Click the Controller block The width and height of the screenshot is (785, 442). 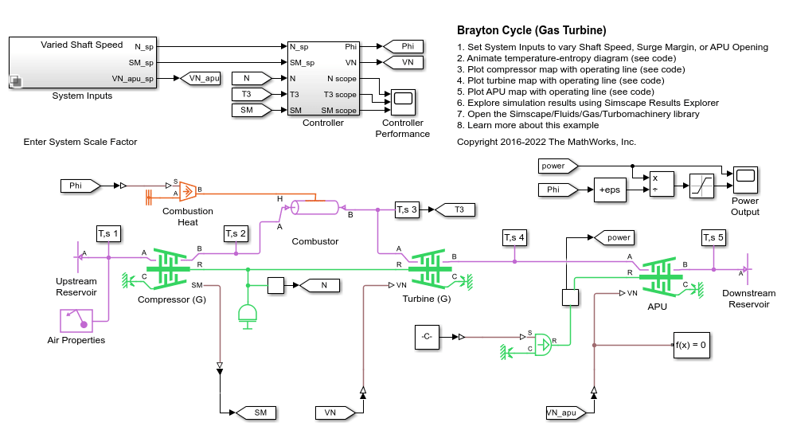tap(322, 78)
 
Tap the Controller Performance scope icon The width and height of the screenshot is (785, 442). tap(403, 99)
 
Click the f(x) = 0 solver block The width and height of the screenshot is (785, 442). tap(691, 345)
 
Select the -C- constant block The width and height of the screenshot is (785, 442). tap(427, 337)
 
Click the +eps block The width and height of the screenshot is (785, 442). tap(609, 190)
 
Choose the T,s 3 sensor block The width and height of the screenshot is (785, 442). tap(407, 210)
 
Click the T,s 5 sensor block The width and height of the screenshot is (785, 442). tap(713, 237)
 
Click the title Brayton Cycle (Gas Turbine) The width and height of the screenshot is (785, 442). tap(531, 30)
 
